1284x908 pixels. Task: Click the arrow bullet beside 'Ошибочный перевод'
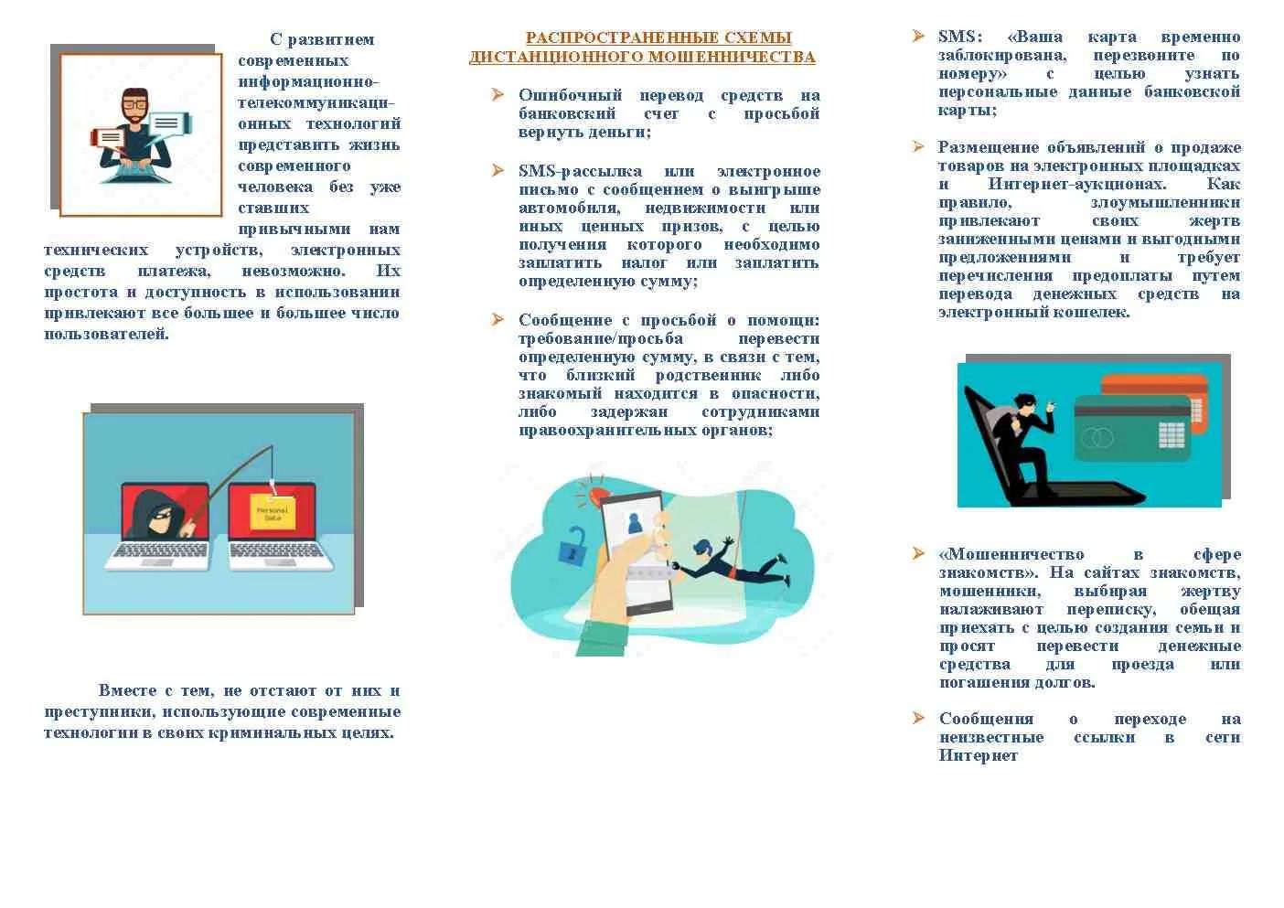click(x=498, y=94)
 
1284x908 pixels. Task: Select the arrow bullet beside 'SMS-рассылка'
click(x=498, y=170)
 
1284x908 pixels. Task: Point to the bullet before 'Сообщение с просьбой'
click(x=498, y=319)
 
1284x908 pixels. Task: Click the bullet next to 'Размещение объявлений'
click(x=918, y=146)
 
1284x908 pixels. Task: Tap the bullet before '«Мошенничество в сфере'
click(x=918, y=553)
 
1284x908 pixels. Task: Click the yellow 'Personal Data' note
click(x=273, y=512)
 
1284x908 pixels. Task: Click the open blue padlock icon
click(x=573, y=546)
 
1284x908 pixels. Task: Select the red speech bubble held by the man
click(x=108, y=137)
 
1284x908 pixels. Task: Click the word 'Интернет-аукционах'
click(x=1077, y=184)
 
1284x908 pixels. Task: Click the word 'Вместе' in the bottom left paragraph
click(x=127, y=690)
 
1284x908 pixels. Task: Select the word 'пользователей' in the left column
click(x=107, y=334)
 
